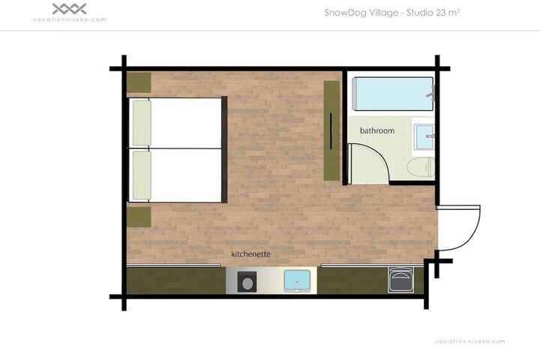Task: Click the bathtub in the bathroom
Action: coord(393,94)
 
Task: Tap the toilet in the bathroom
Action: coord(421,168)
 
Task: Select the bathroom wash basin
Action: coord(424,136)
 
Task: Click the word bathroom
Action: coord(377,130)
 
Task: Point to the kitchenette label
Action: coord(250,254)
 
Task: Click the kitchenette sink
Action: coord(297,280)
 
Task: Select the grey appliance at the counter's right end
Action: coord(400,280)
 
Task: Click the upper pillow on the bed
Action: coord(142,123)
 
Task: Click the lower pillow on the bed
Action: coord(142,175)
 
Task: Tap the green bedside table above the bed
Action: coord(139,82)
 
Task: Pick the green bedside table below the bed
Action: coord(139,217)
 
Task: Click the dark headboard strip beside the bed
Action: coord(224,149)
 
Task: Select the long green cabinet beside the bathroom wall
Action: coord(331,130)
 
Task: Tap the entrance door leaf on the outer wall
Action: coord(458,208)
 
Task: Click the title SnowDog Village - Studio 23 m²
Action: coord(392,13)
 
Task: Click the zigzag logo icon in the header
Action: coord(69,9)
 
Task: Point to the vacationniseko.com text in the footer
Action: coord(470,341)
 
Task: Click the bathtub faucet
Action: coord(431,93)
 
